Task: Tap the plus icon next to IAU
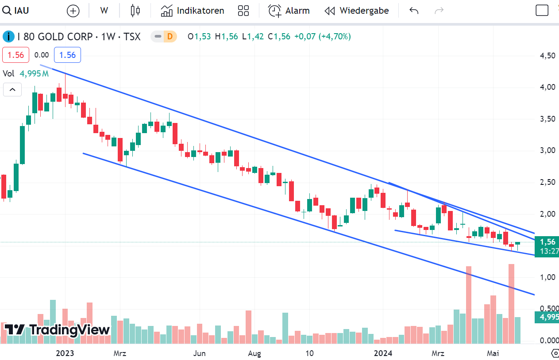(73, 11)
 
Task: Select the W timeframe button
(104, 11)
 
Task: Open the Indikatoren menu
(193, 11)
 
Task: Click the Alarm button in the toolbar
(289, 11)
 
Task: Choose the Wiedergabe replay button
(357, 11)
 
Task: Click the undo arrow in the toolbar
(414, 11)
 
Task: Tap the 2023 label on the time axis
(65, 353)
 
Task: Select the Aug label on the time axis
(254, 353)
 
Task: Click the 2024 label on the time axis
(383, 353)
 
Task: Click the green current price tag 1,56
(547, 242)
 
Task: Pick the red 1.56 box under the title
(16, 55)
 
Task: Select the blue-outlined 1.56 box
(67, 55)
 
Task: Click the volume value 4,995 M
(34, 73)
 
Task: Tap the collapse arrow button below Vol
(12, 90)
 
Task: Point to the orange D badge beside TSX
(169, 36)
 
